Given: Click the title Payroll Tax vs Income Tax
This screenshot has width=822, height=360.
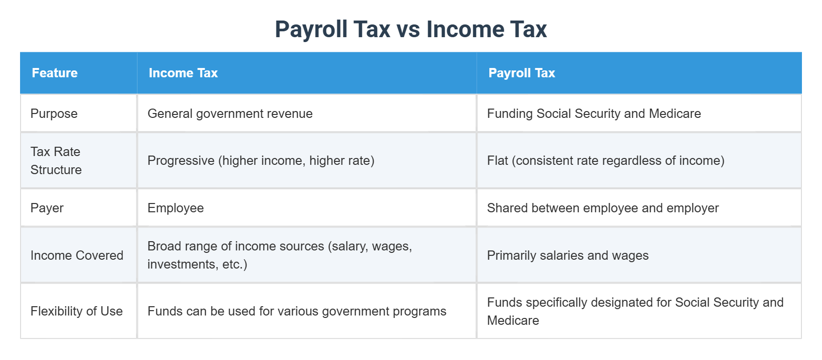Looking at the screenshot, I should tap(411, 29).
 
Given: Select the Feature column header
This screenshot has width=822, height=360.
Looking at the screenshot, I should tap(55, 73).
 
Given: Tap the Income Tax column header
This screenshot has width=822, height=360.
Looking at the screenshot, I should tap(183, 73).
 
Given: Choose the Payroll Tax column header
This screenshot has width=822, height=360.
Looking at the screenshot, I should tap(522, 73).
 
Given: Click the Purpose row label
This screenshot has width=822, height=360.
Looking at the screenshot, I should tap(54, 113).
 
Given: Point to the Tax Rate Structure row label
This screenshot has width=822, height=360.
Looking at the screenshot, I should tap(56, 160).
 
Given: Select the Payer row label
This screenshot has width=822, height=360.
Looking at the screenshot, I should tap(47, 208).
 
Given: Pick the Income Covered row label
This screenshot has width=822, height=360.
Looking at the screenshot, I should tap(77, 255).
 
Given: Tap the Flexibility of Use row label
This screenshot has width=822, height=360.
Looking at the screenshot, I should tap(76, 311).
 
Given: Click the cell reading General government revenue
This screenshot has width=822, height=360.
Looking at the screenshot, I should tap(230, 113).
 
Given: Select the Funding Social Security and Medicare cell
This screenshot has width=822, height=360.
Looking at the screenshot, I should tap(594, 113).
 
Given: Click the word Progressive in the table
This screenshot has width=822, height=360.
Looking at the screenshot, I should tap(181, 160).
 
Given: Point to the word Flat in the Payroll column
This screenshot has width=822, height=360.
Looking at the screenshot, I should tap(498, 160).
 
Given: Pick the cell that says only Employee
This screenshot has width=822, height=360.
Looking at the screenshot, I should tap(176, 208).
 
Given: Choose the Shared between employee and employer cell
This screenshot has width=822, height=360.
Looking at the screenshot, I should tap(603, 208).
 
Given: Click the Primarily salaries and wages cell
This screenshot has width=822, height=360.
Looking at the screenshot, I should tap(568, 255).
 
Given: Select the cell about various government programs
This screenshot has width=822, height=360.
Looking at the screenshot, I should tap(297, 311).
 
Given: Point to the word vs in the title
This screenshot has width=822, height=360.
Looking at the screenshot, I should tap(408, 29).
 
